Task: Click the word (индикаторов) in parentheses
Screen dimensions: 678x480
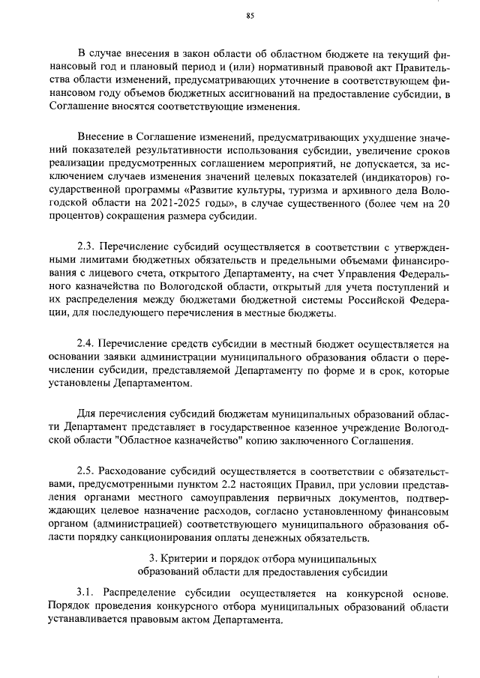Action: pos(388,177)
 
